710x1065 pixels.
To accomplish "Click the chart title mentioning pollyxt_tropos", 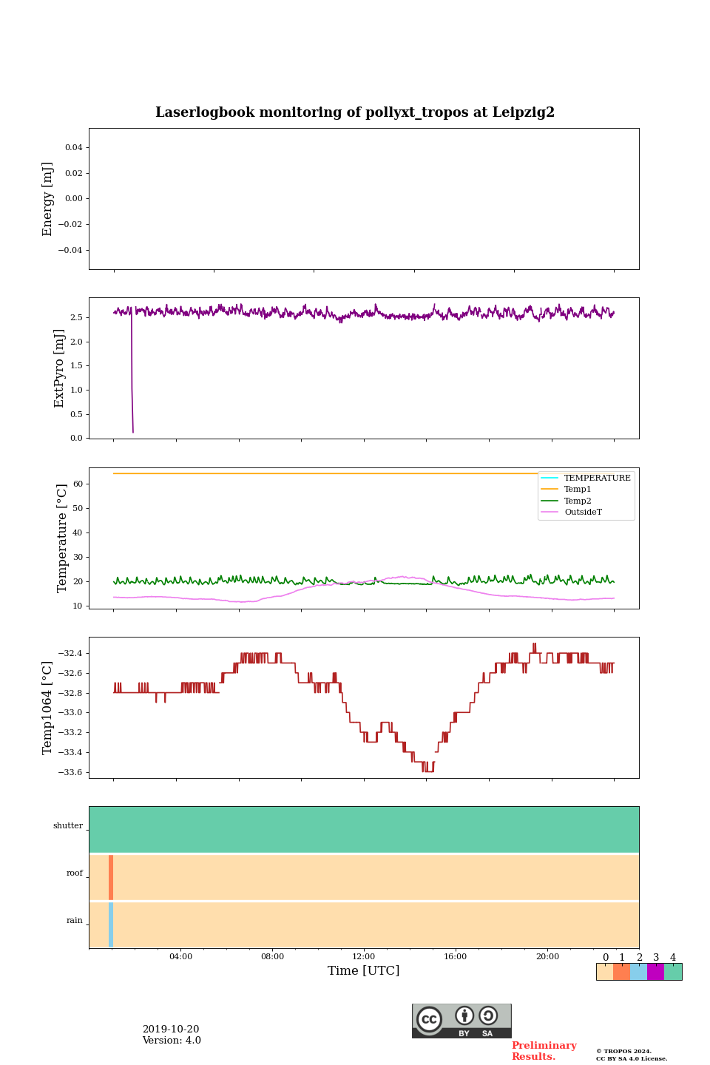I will coord(355,112).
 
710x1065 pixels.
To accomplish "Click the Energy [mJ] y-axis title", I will coord(48,199).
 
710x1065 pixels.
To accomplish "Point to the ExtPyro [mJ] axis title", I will coord(60,368).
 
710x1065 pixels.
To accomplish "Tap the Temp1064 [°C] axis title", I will coord(48,708).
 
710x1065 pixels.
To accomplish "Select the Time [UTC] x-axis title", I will coord(364,970).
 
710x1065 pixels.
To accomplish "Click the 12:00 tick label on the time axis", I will coord(364,956).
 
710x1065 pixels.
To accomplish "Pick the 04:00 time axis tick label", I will coord(180,956).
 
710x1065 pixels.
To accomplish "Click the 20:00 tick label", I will coord(547,956).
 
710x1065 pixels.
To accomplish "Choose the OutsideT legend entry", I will coord(583,513).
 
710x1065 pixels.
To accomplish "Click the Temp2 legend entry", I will coord(578,501).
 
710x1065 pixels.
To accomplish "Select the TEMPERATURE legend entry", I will coord(597,478).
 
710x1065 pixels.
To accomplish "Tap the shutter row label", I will coord(68,826).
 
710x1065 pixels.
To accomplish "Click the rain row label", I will coord(75,921).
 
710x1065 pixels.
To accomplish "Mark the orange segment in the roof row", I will coord(111,877).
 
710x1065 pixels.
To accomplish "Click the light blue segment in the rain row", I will coord(111,924).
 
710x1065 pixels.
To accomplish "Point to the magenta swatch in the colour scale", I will coord(655,972).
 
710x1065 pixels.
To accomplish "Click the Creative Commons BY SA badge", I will coord(461,1021).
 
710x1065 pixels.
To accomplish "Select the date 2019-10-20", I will coord(171,1029).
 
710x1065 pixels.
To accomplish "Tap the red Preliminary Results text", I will coord(544,1051).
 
